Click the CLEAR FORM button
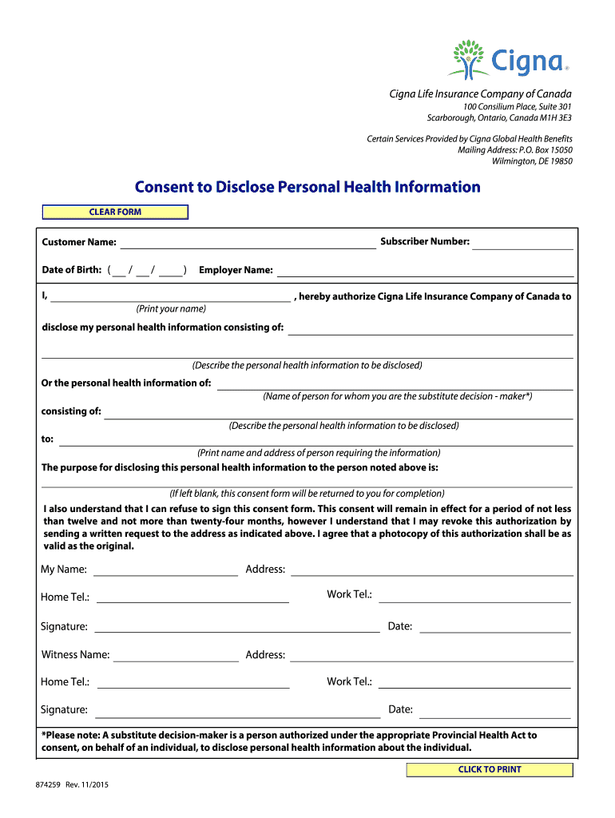point(115,212)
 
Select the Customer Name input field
point(248,242)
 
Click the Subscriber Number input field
point(522,242)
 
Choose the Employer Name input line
point(425,270)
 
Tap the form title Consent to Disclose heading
point(307,187)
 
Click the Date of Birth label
point(71,270)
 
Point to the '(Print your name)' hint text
point(170,308)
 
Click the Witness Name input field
point(176,655)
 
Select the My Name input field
point(165,570)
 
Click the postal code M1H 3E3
point(553,118)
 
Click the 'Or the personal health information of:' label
point(126,383)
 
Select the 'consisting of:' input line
point(338,412)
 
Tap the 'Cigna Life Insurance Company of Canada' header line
point(480,94)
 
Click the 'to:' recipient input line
point(315,439)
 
